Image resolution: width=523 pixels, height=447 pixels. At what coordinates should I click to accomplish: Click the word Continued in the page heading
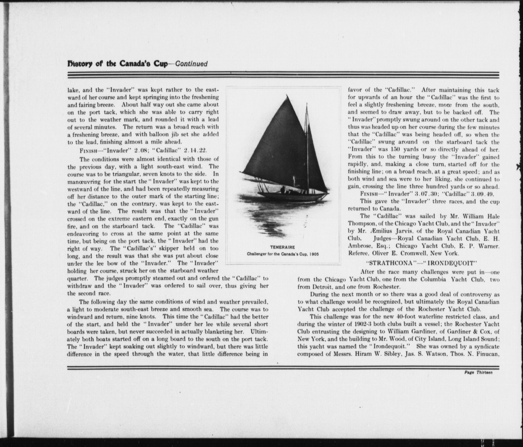pyautogui.click(x=192, y=64)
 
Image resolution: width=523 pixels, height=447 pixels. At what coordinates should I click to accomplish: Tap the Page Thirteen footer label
pyautogui.click(x=478, y=372)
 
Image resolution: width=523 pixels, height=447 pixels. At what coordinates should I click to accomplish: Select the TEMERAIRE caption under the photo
pyautogui.click(x=282, y=247)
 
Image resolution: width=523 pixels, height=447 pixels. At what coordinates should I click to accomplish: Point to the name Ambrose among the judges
pyautogui.click(x=360, y=246)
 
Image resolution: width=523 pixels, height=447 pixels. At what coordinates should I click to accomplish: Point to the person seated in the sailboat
pyautogui.click(x=282, y=190)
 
